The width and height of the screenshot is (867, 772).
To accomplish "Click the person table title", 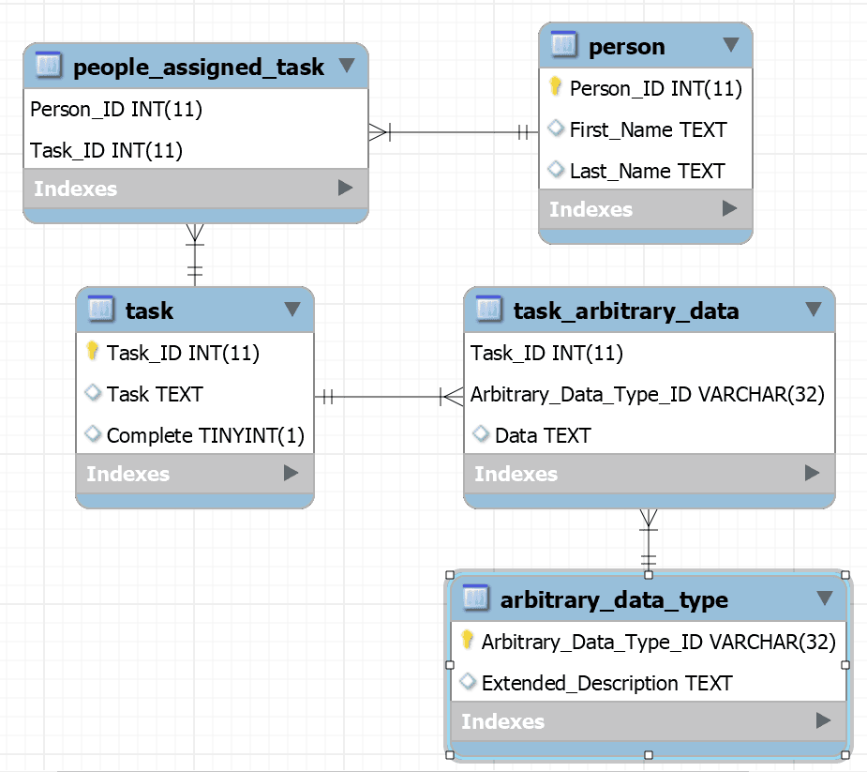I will [626, 46].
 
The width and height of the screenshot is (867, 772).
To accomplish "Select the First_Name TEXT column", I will [648, 129].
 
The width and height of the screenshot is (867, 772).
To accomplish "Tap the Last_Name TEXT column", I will [647, 171].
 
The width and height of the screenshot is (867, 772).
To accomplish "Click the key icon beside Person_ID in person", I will [554, 87].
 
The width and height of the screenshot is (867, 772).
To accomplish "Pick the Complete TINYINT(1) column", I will [205, 435].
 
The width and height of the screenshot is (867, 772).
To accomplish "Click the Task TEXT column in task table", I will [155, 394].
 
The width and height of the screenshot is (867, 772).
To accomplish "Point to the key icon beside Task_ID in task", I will [92, 352].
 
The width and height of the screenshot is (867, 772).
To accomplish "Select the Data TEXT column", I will [543, 435].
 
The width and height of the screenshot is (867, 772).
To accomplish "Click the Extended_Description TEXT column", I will [606, 683].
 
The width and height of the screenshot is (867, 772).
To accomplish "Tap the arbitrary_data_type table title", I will [614, 599].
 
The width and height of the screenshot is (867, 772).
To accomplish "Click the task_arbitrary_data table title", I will [626, 310].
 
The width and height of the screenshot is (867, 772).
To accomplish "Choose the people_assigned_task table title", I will [198, 67].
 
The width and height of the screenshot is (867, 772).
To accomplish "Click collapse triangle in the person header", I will [731, 45].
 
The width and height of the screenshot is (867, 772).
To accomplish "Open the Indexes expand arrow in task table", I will [291, 474].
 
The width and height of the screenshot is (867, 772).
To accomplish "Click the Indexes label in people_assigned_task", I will [76, 189].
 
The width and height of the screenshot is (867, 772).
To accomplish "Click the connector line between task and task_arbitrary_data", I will [384, 397].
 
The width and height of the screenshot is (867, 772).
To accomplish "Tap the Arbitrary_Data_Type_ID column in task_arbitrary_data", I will [647, 394].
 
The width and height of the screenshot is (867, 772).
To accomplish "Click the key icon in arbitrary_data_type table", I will [467, 641].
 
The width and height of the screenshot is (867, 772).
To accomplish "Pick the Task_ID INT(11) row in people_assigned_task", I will [106, 150].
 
